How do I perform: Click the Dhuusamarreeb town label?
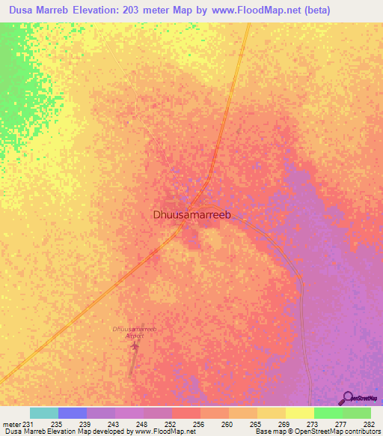tap(189, 214)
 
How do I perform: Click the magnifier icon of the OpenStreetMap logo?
tap(346, 399)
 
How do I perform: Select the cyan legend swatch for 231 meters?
tap(44, 413)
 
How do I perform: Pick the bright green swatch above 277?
tap(328, 413)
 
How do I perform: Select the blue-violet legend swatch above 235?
tap(73, 413)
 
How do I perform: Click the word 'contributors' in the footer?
tap(360, 432)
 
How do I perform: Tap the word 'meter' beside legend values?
tap(12, 423)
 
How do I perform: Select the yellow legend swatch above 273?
tap(299, 413)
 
